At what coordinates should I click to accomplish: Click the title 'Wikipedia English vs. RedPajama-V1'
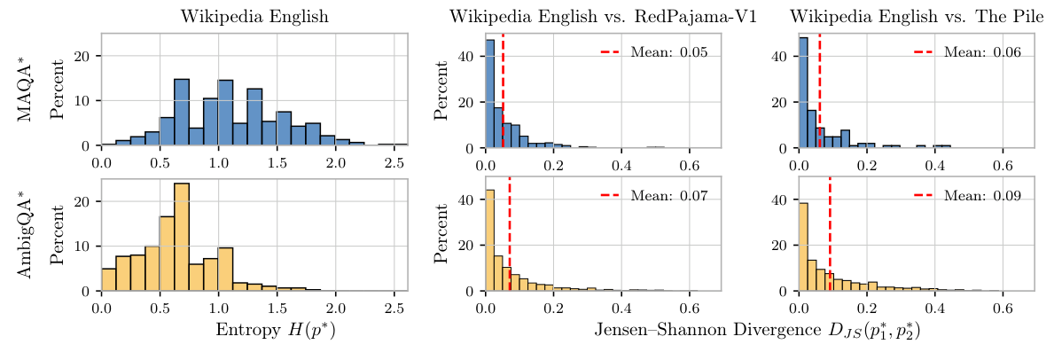(x=603, y=17)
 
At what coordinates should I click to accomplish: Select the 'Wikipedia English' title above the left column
(x=254, y=17)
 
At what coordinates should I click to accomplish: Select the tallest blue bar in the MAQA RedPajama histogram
(x=489, y=93)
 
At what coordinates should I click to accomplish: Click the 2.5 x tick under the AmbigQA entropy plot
(x=394, y=308)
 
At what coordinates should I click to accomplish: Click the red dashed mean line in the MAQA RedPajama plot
(x=503, y=89)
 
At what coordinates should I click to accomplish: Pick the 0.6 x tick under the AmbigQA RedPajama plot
(x=689, y=308)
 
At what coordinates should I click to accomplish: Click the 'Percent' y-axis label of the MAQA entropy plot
(x=57, y=90)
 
